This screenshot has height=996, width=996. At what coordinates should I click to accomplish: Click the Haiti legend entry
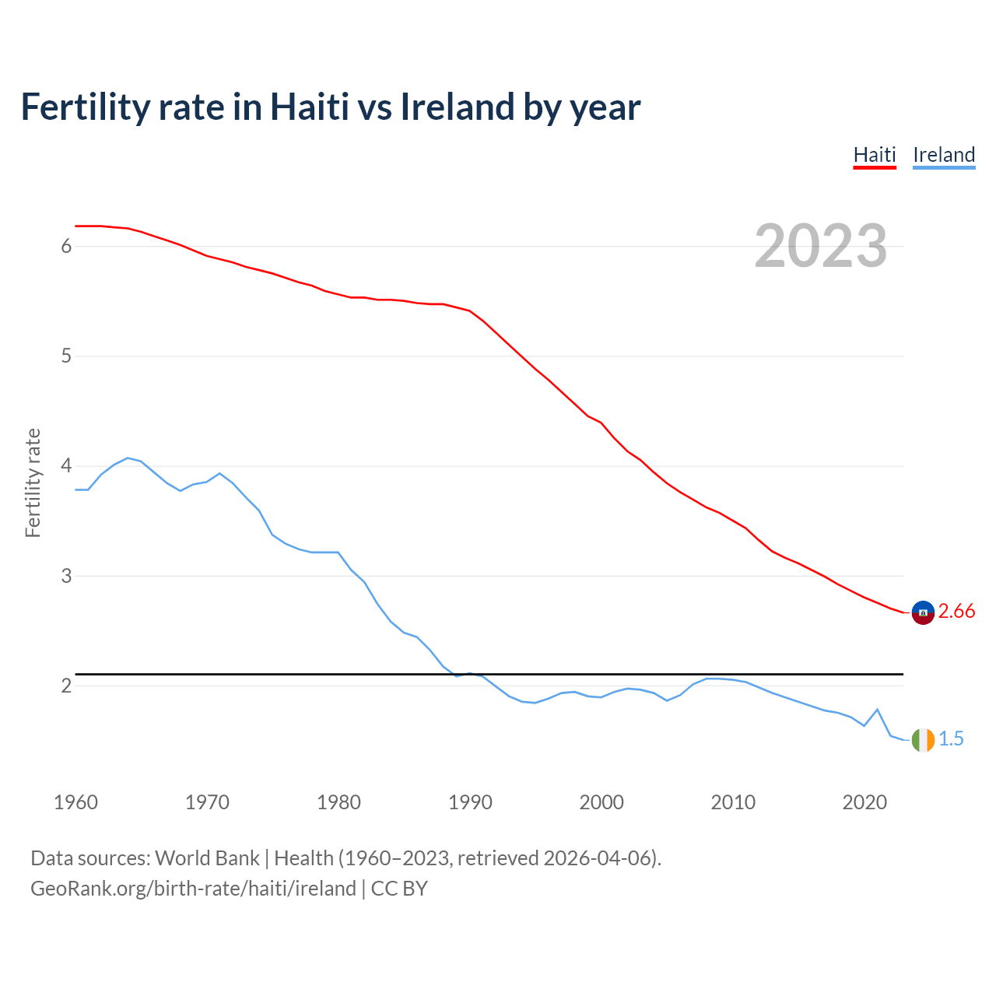pos(875,155)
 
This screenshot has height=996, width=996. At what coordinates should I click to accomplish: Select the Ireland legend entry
pos(943,155)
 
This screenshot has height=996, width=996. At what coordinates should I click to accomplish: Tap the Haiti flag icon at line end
pos(923,612)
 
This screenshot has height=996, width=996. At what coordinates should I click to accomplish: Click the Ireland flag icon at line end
pos(923,739)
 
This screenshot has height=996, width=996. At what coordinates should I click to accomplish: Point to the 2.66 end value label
pos(956,612)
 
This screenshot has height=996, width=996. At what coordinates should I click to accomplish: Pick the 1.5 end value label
pos(951,739)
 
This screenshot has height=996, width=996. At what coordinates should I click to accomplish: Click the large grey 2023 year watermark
pos(820,246)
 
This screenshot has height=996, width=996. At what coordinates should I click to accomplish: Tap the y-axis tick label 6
pos(66,247)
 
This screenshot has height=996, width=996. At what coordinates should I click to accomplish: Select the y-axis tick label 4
pos(66,466)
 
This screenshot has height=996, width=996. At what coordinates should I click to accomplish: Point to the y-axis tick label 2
pos(66,686)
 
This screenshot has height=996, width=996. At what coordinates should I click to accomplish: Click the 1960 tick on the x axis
pos(75,802)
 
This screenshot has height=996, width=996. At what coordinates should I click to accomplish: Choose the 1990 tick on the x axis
pos(470,802)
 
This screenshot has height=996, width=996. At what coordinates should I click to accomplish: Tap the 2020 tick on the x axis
pos(864,802)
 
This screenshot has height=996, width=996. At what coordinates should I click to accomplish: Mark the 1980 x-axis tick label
pos(338,802)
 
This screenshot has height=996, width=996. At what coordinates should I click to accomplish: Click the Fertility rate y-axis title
pos(33,482)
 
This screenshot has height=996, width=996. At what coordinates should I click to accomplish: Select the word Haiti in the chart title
pos(309,107)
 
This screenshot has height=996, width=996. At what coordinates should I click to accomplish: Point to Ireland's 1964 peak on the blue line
pos(128,458)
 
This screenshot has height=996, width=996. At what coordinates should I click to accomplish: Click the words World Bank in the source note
pos(207,858)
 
